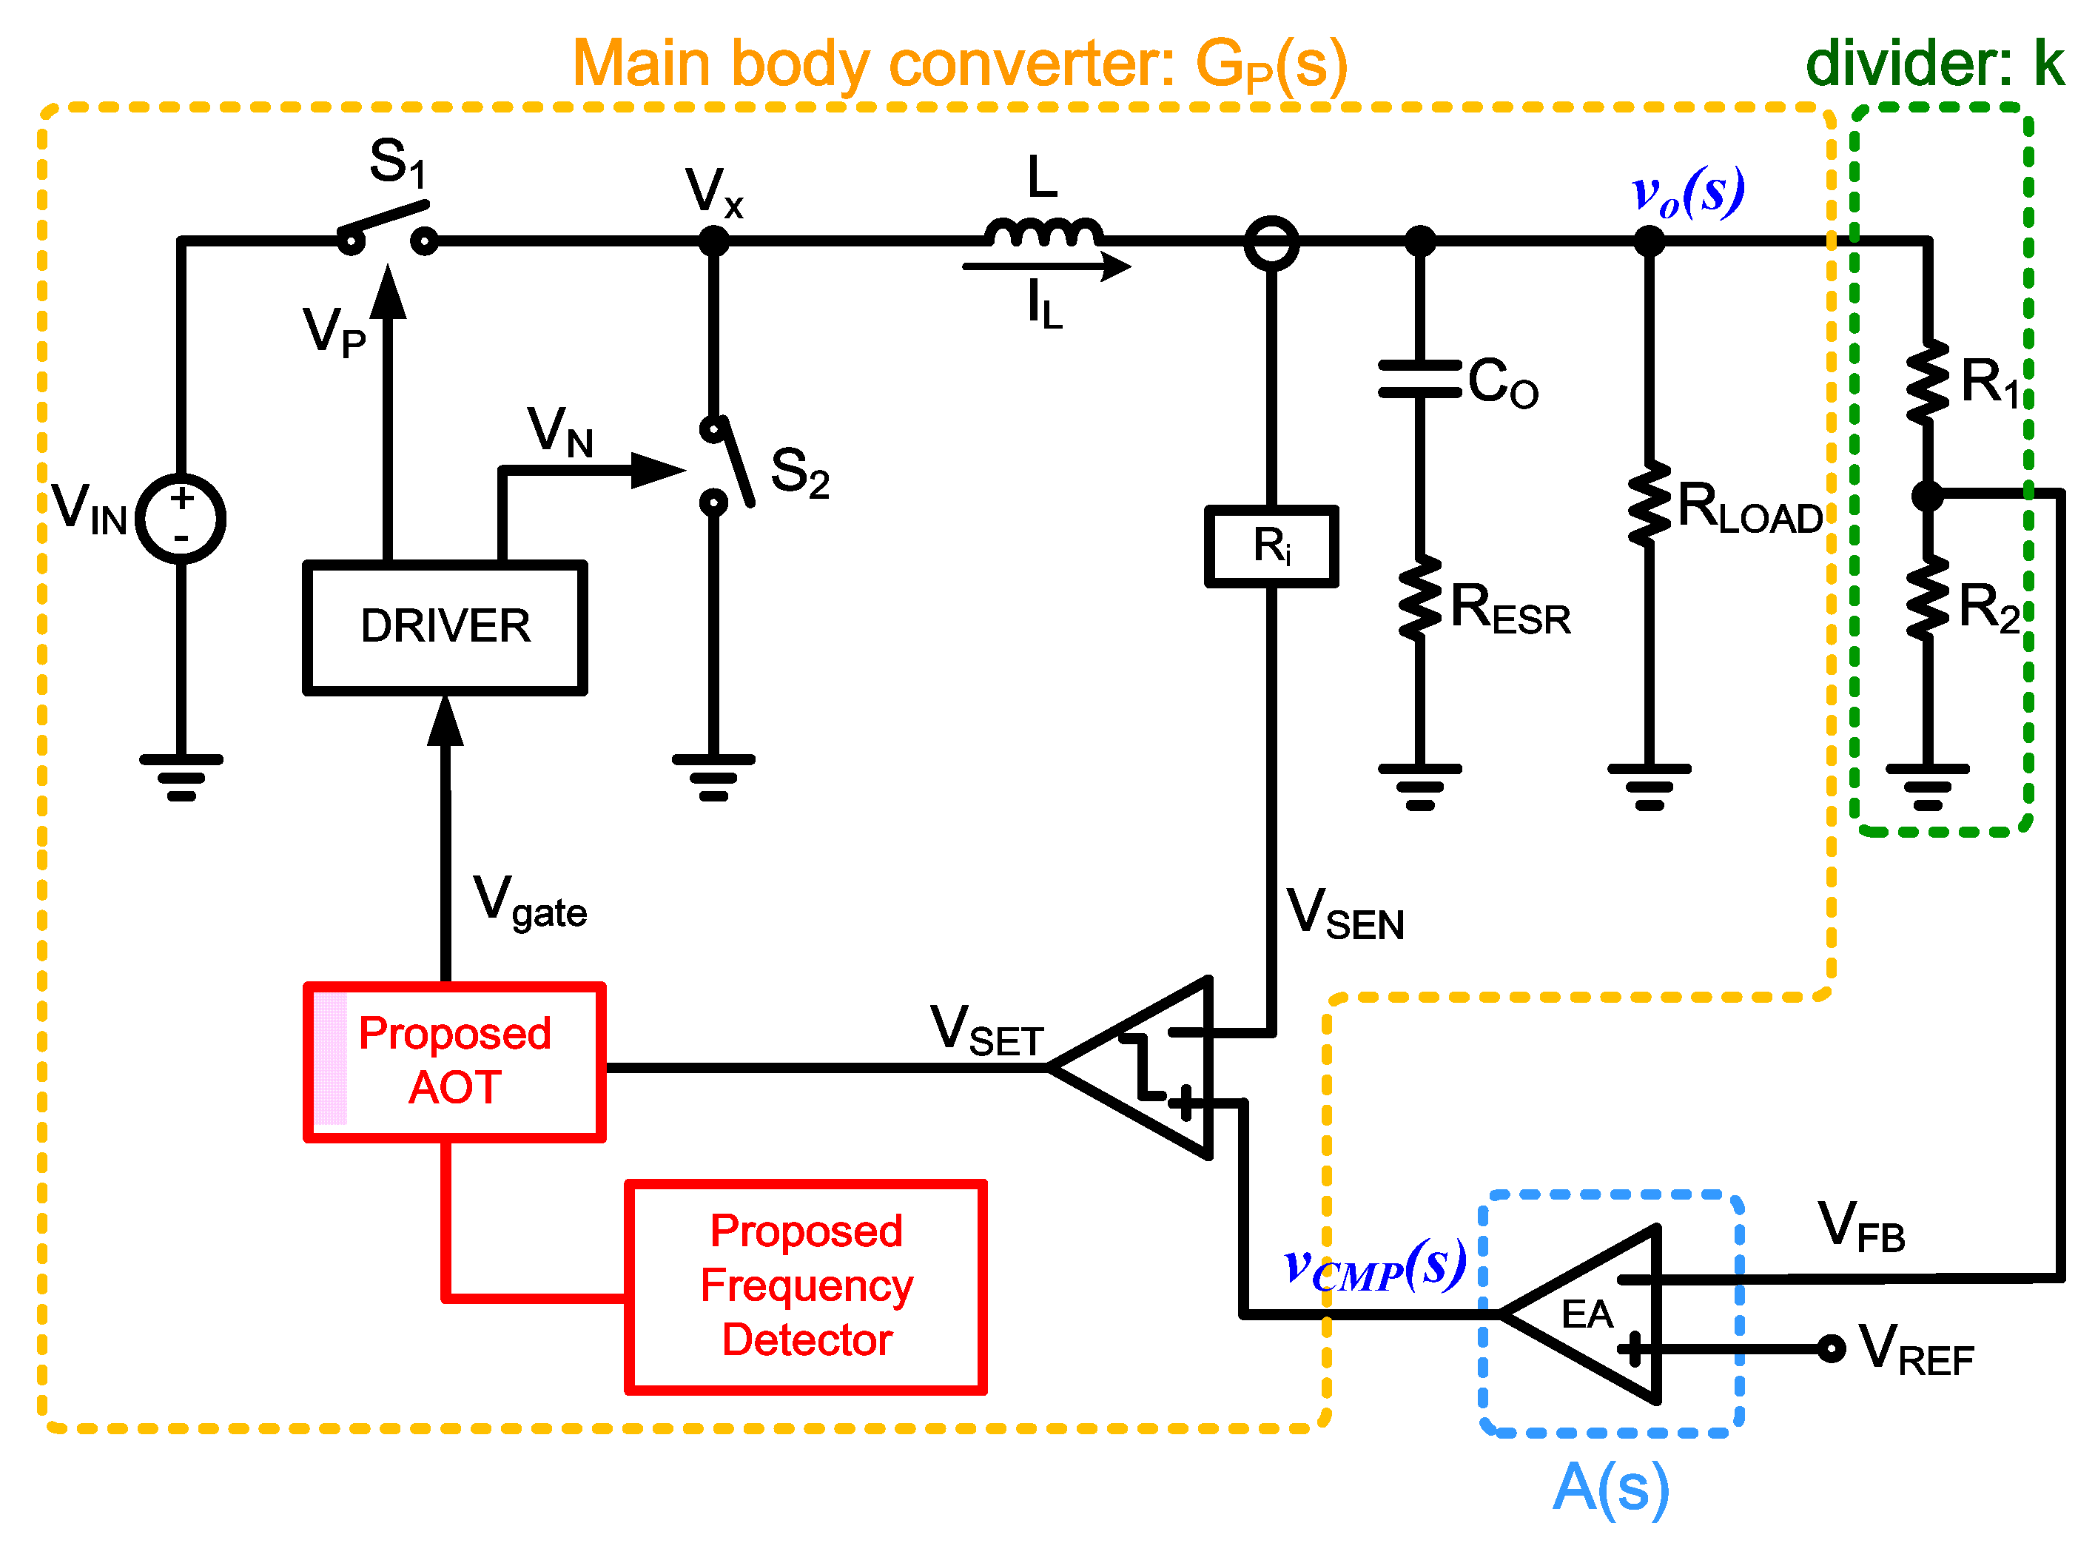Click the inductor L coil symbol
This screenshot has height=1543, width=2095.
point(1043,232)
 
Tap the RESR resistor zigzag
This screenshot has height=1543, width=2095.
point(1419,599)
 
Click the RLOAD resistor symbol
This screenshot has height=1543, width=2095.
point(1650,502)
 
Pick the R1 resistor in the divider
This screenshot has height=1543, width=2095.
point(1927,382)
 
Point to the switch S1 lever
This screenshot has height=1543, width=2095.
point(383,220)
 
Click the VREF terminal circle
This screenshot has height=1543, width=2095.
point(1832,1348)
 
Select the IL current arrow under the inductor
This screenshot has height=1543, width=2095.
point(1046,266)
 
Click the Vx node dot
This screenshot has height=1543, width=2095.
point(713,241)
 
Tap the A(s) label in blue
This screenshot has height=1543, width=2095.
point(1611,1488)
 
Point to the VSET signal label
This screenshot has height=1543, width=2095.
point(986,1030)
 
